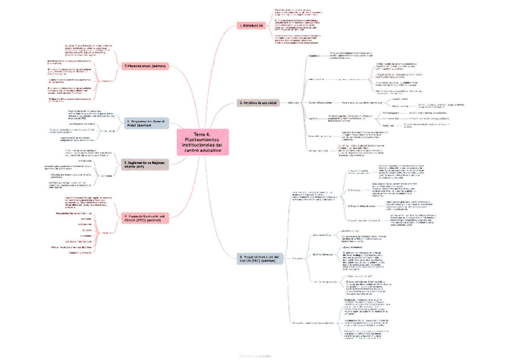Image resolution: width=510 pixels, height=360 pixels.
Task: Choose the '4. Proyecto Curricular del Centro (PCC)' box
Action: click(147, 218)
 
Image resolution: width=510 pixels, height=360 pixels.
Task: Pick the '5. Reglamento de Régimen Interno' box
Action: click(146, 164)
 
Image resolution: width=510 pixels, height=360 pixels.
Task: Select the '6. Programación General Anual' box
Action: click(146, 123)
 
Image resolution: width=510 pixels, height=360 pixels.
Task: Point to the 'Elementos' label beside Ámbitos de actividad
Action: click(295, 103)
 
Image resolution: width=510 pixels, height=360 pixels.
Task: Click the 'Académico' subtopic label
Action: click(315, 56)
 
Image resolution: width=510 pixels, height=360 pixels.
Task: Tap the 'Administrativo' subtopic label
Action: click(318, 79)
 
